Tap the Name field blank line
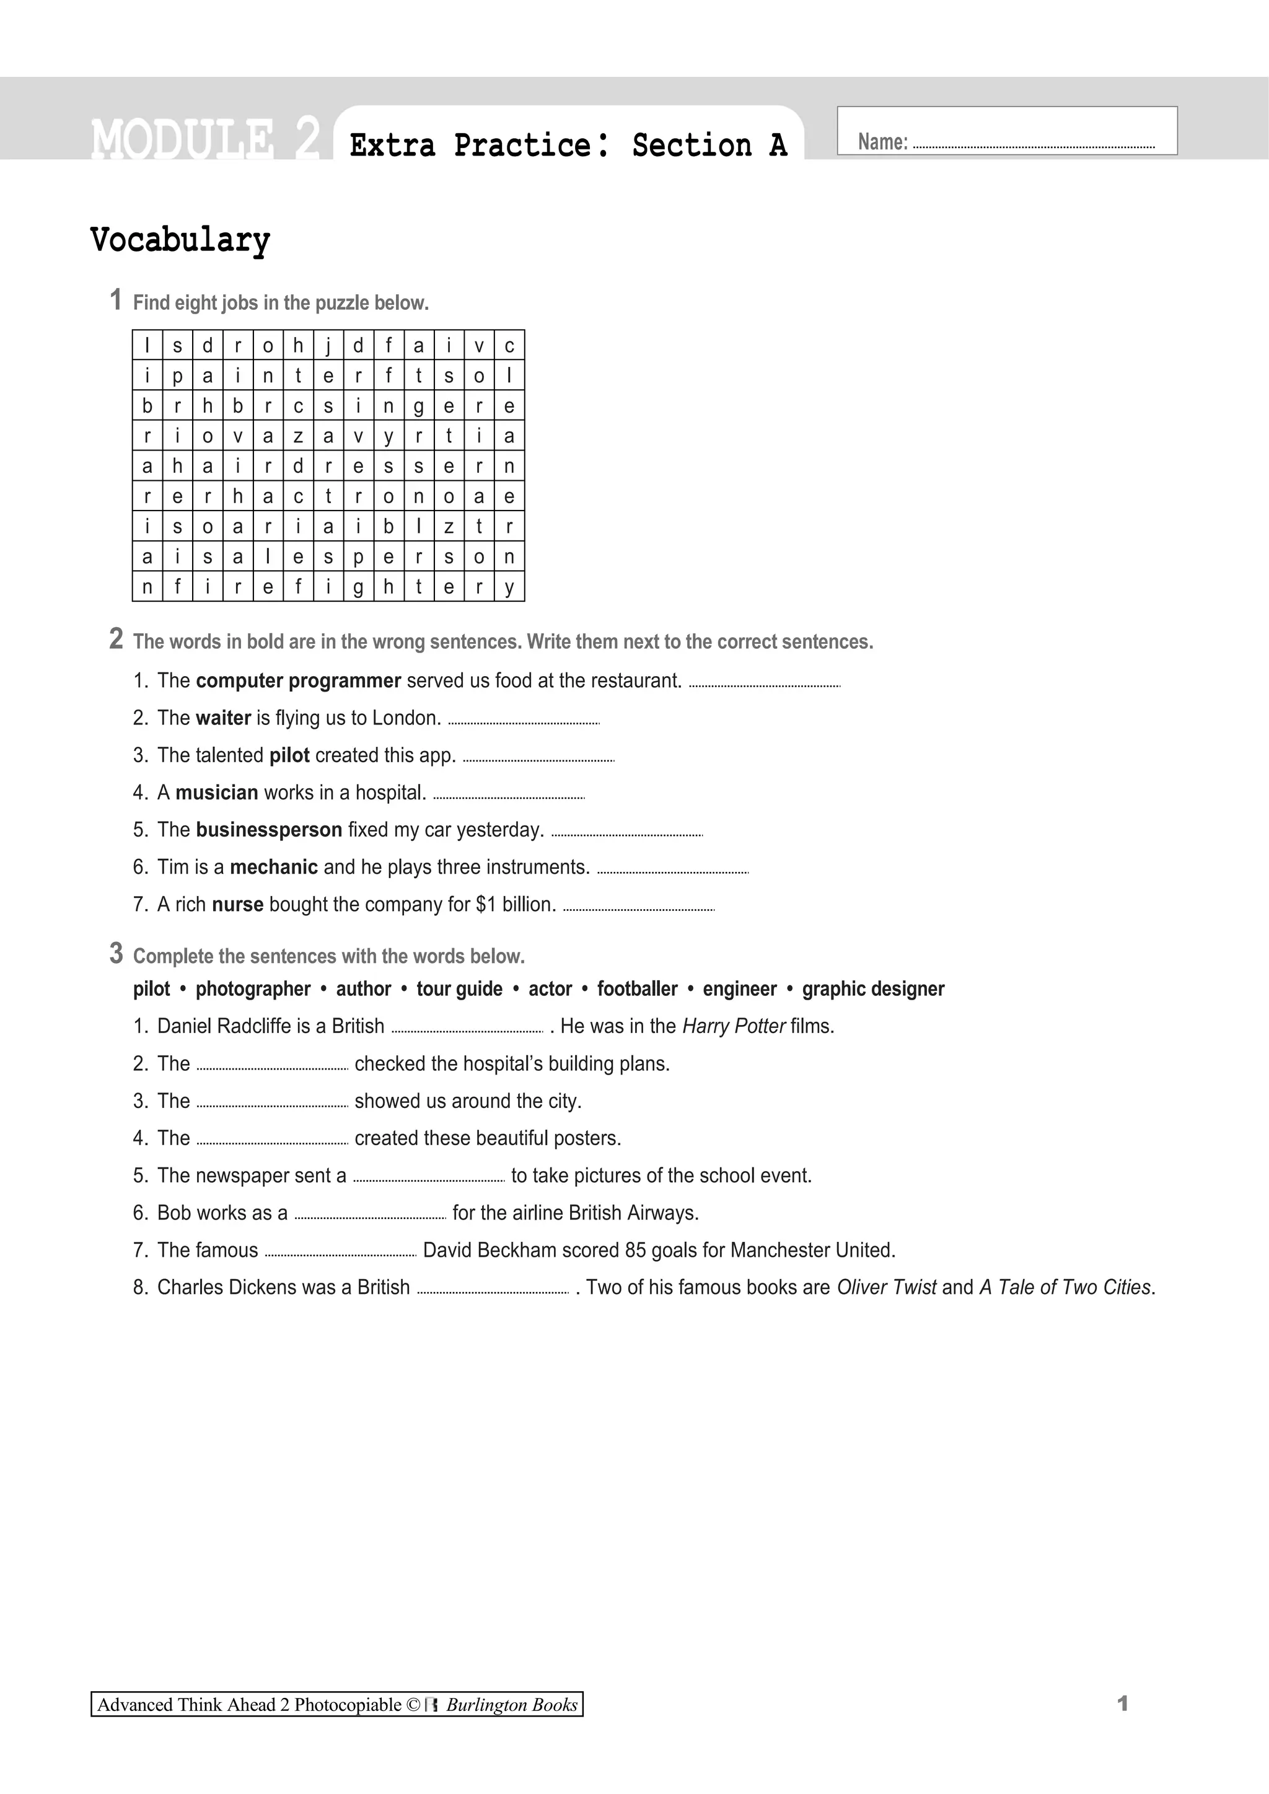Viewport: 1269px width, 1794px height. coord(1033,146)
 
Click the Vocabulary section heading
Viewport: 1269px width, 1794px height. coord(180,240)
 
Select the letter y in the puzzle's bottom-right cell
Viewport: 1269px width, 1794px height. coord(509,587)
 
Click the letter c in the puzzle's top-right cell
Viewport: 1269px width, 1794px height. coord(509,345)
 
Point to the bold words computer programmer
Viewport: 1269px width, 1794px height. coord(299,680)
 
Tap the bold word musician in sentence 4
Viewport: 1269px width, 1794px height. coord(216,793)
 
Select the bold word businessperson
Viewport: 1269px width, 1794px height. coord(269,830)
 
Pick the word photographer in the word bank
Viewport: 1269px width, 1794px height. coord(252,989)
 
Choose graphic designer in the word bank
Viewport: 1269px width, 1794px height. coord(873,989)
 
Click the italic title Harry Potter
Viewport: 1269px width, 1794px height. coord(734,1026)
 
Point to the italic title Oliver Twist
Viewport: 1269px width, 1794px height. coord(886,1287)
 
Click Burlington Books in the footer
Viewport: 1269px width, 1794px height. coord(511,1705)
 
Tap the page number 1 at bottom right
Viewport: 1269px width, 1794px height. coord(1123,1704)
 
